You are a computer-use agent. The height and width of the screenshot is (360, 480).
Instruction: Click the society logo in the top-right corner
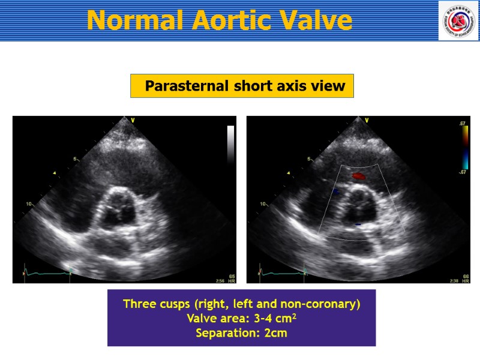coord(458,20)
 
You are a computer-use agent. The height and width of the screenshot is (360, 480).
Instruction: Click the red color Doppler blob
coord(359,176)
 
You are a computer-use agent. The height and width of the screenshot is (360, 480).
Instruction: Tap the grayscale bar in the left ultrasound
coord(230,144)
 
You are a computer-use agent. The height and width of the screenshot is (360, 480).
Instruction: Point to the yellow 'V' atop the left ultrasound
coord(133,121)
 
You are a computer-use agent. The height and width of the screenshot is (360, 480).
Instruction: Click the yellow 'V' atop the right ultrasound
coord(366,121)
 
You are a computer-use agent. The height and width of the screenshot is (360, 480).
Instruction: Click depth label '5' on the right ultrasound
coord(310,159)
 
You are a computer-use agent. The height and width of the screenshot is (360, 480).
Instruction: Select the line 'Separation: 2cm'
coord(241,333)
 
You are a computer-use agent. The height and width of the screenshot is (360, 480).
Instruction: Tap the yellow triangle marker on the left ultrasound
coord(55,173)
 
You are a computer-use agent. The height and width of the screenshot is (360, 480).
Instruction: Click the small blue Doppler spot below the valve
coord(358,224)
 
